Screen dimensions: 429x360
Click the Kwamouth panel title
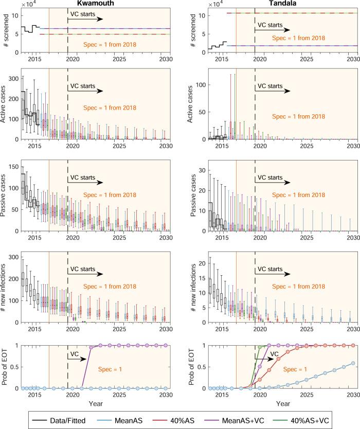point(93,4)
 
